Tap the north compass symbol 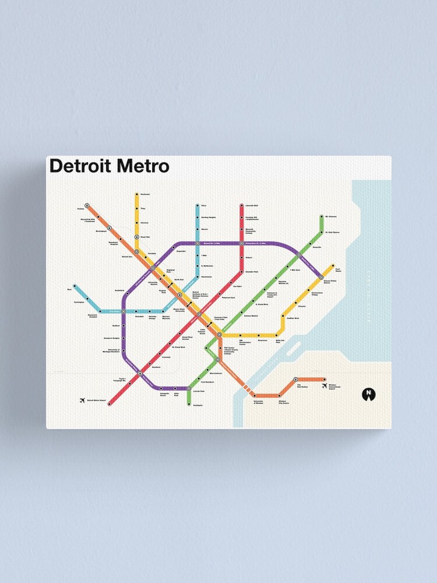click(368, 394)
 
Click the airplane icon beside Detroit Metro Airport click(82, 400)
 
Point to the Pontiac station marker click(86, 206)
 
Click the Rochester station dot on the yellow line click(136, 194)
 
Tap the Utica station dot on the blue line click(197, 206)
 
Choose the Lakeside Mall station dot click(241, 206)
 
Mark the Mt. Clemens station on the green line click(321, 217)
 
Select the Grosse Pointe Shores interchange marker click(321, 278)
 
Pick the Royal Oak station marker click(136, 237)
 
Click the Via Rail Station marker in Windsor click(295, 380)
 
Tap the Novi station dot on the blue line click(75, 286)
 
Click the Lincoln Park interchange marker click(188, 388)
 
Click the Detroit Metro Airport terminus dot click(109, 403)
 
